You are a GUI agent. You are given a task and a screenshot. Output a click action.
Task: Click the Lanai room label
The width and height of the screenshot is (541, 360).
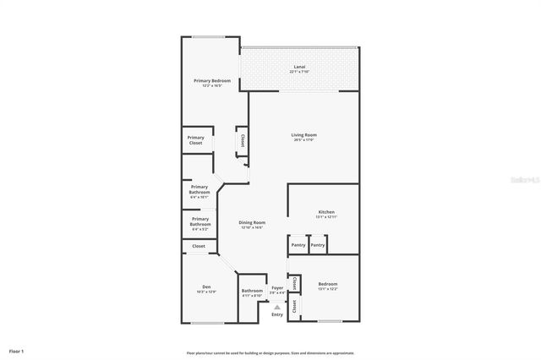click(x=299, y=67)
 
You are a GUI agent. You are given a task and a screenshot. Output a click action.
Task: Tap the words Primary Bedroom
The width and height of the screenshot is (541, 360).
click(x=211, y=80)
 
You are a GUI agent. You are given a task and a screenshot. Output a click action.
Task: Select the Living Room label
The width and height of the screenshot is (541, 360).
click(x=303, y=135)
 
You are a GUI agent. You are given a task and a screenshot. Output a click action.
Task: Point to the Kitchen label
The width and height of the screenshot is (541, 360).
click(x=326, y=211)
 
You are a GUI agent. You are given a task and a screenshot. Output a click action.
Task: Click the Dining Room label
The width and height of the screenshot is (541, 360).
click(x=252, y=222)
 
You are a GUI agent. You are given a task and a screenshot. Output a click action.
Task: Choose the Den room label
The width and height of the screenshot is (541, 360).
click(x=206, y=286)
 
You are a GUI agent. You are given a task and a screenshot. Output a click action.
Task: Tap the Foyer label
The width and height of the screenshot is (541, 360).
click(x=276, y=288)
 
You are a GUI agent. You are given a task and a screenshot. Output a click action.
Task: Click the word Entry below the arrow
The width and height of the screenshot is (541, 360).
click(x=276, y=315)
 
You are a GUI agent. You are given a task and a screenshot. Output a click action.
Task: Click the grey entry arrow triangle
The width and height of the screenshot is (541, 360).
click(x=276, y=304)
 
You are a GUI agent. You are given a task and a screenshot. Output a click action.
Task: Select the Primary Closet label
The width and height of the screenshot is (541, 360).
click(x=195, y=140)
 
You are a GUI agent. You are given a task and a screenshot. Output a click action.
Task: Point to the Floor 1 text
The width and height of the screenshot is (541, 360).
click(x=17, y=350)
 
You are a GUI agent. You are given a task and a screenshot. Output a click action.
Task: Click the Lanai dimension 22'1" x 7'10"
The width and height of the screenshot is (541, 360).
click(x=299, y=72)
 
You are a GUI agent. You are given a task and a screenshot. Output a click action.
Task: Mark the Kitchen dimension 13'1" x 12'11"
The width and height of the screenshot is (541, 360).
click(x=326, y=217)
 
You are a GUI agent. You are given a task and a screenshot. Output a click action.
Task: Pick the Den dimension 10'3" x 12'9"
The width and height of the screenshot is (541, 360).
click(x=206, y=292)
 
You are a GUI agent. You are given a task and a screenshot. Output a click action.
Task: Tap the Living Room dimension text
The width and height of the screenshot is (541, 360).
click(x=303, y=140)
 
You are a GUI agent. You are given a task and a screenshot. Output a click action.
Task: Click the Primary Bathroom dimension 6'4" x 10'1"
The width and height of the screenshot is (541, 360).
click(x=199, y=197)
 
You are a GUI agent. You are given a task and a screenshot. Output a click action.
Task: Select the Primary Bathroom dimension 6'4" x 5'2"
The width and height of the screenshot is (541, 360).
click(x=199, y=229)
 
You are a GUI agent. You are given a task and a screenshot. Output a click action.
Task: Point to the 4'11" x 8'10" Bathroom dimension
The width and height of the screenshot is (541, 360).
click(x=252, y=296)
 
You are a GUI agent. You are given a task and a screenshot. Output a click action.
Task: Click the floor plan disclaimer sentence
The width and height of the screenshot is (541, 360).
click(x=270, y=352)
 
